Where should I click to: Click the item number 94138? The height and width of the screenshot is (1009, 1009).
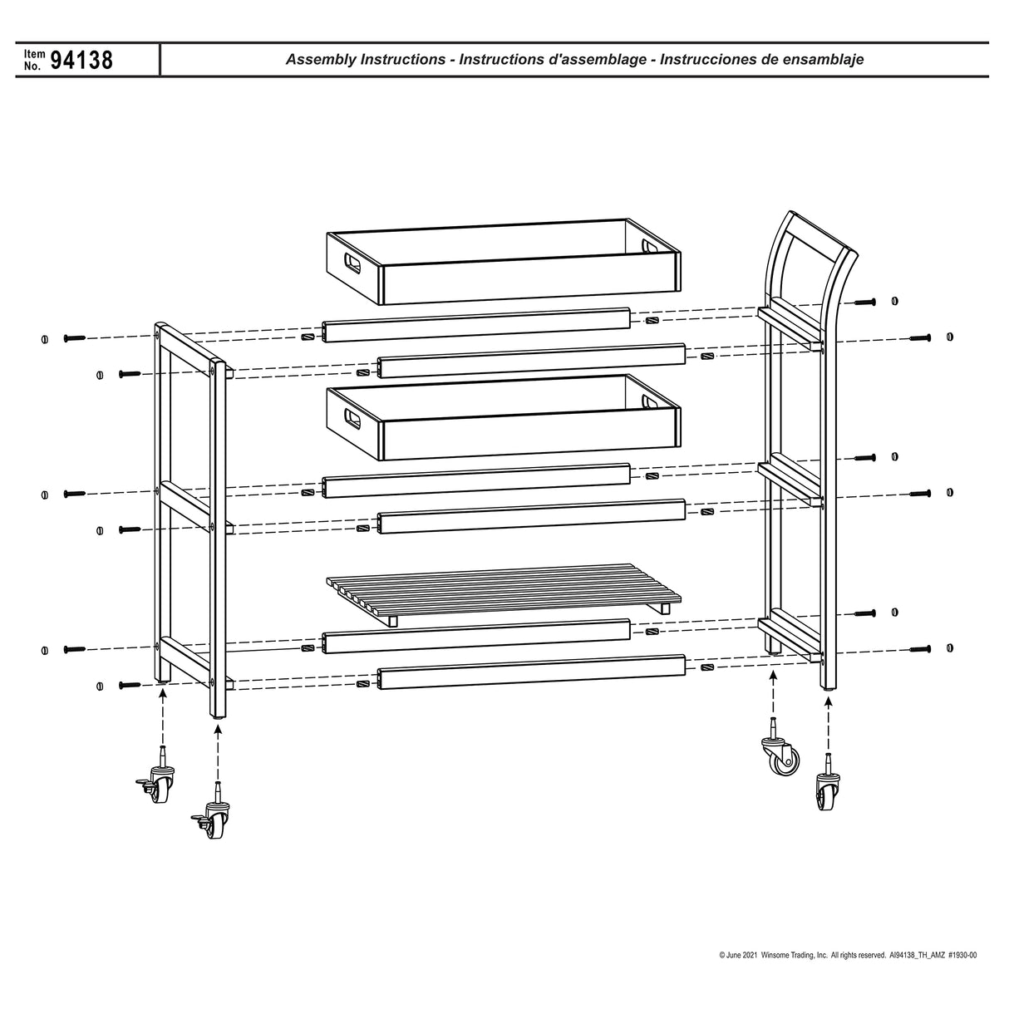click(x=81, y=61)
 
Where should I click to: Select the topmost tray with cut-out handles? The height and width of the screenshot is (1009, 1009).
click(x=501, y=260)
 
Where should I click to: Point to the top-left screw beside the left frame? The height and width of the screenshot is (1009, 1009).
click(x=74, y=338)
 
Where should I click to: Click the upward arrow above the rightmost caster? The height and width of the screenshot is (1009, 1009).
click(x=828, y=723)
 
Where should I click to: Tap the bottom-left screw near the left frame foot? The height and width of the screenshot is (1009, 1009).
click(x=130, y=685)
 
